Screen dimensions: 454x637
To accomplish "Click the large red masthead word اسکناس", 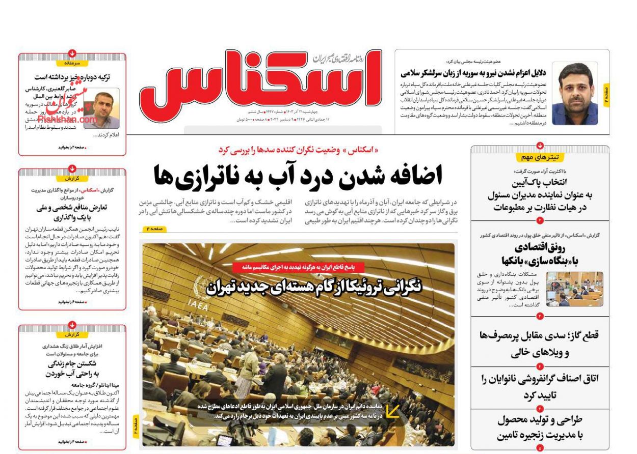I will pyautogui.click(x=260, y=81).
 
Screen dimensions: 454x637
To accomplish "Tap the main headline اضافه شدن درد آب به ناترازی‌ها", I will pyautogui.click(x=298, y=176).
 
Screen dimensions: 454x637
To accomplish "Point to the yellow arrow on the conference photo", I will pyautogui.click(x=392, y=411).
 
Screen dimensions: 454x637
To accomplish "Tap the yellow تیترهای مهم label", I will pyautogui.click(x=540, y=157).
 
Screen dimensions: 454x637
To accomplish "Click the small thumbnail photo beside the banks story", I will pyautogui.click(x=574, y=289).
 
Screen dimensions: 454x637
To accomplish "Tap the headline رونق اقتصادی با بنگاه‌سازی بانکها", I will pyautogui.click(x=540, y=254).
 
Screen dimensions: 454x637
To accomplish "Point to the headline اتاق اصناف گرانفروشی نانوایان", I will pyautogui.click(x=540, y=386).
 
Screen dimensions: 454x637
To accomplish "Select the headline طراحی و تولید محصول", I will pyautogui.click(x=540, y=428).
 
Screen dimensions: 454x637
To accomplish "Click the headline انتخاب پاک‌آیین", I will pyautogui.click(x=540, y=194).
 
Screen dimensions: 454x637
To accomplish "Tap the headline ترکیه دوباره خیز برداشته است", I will pyautogui.click(x=72, y=77).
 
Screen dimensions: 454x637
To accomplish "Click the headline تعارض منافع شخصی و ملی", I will pyautogui.click(x=72, y=212).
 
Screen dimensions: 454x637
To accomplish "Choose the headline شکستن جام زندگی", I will pyautogui.click(x=72, y=368).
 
